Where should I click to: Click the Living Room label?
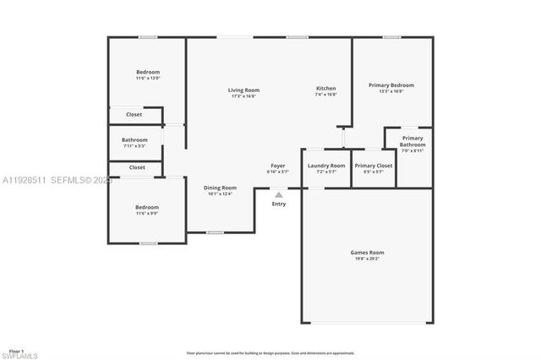[244, 90]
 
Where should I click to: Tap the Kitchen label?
[326, 89]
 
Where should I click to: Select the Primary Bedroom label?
[391, 85]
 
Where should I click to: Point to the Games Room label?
[367, 252]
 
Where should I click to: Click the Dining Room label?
[220, 188]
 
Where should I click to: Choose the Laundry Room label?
[326, 166]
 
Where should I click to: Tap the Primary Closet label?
[373, 166]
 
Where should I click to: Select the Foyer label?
[278, 166]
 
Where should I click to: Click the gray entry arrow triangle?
[279, 194]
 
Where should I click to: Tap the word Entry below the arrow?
[279, 204]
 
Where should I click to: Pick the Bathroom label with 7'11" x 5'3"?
[134, 139]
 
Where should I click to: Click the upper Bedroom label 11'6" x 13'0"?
[148, 72]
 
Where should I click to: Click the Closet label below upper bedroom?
[134, 114]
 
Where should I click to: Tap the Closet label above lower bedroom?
[137, 167]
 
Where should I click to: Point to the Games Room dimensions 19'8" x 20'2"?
[367, 259]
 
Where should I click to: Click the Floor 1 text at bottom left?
[16, 349]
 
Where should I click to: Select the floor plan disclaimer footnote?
[270, 353]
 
